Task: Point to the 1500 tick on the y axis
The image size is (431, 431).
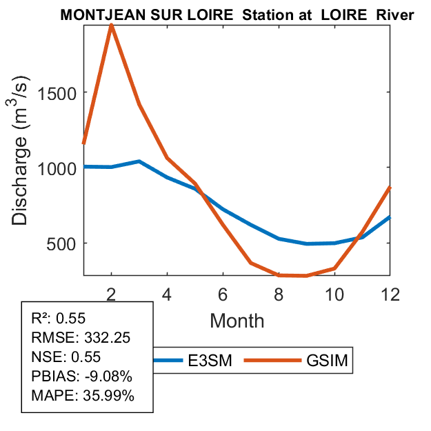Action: (59, 92)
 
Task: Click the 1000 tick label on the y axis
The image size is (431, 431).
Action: (59, 168)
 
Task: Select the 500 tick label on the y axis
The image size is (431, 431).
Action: (63, 243)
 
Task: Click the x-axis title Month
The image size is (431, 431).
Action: (237, 320)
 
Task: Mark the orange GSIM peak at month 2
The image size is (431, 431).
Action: (111, 25)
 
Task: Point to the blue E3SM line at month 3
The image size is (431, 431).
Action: (139, 161)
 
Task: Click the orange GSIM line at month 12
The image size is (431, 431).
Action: (390, 188)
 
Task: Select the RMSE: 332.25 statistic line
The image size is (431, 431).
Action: (81, 338)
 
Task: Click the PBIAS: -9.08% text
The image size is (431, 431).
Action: (82, 377)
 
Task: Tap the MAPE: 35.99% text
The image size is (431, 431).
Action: (83, 396)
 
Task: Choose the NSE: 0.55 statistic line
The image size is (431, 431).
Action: (66, 357)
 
